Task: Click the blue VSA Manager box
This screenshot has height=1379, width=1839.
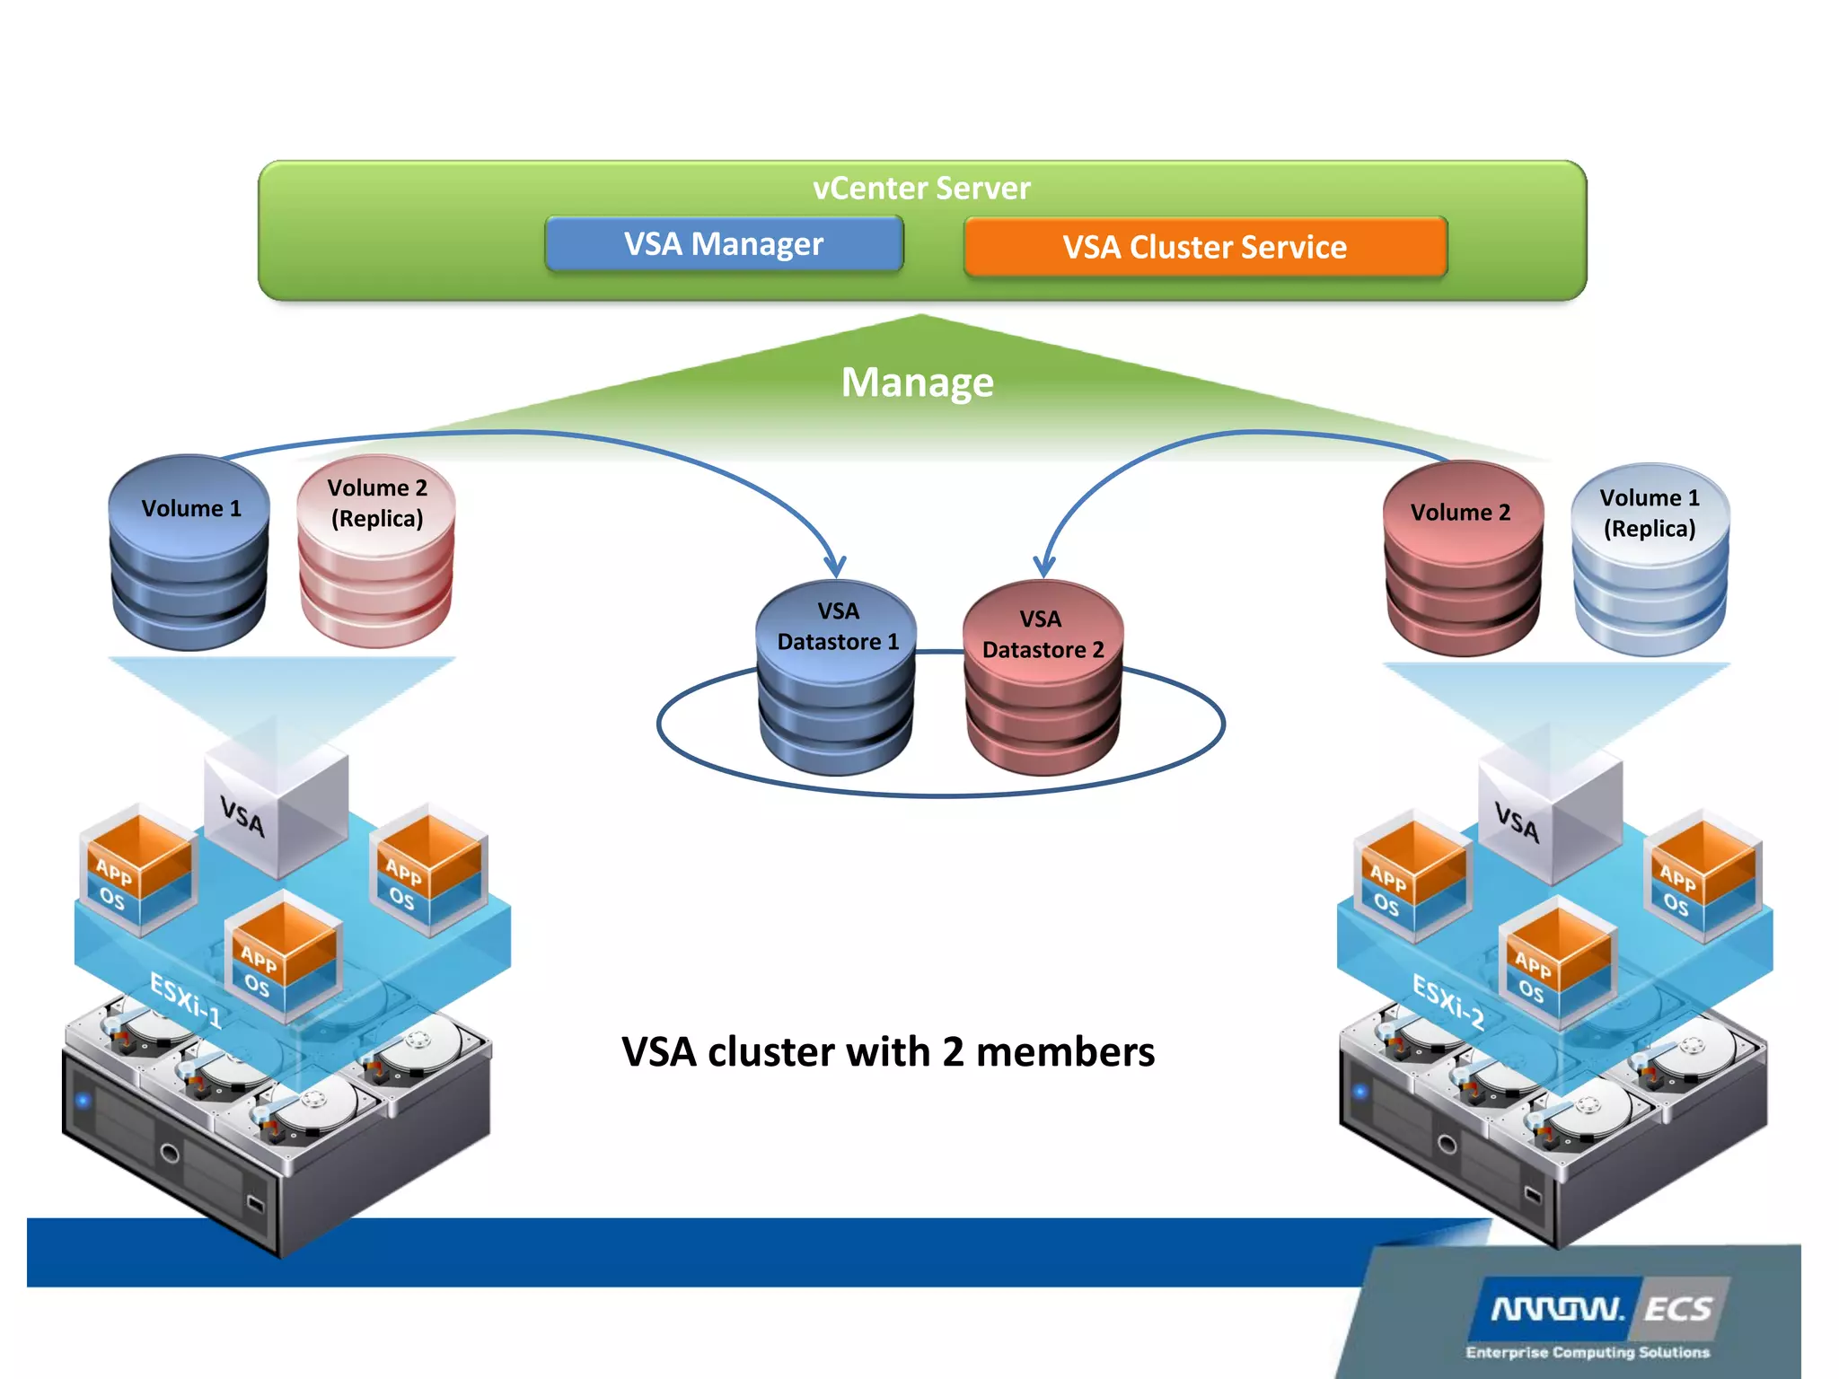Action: [x=724, y=243]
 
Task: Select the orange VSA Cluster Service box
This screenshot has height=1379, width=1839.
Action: [x=1205, y=247]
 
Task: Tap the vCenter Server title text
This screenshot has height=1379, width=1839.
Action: [x=921, y=189]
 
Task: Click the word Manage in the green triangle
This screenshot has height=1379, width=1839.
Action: [x=917, y=382]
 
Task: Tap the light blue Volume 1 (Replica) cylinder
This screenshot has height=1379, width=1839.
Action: [x=1650, y=560]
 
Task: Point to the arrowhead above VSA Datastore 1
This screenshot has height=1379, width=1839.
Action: [x=836, y=567]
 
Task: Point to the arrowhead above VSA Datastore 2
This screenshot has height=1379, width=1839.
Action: [x=1043, y=567]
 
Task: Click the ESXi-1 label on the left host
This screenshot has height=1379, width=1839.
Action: [x=185, y=999]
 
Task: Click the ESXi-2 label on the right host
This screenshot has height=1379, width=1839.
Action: [x=1448, y=1002]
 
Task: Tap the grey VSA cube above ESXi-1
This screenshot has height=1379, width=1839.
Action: [x=275, y=812]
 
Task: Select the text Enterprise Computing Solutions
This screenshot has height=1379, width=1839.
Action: [x=1588, y=1352]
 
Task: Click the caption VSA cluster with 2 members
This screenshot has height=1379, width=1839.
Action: [x=888, y=1052]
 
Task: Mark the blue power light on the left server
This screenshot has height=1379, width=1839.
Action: [x=84, y=1100]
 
